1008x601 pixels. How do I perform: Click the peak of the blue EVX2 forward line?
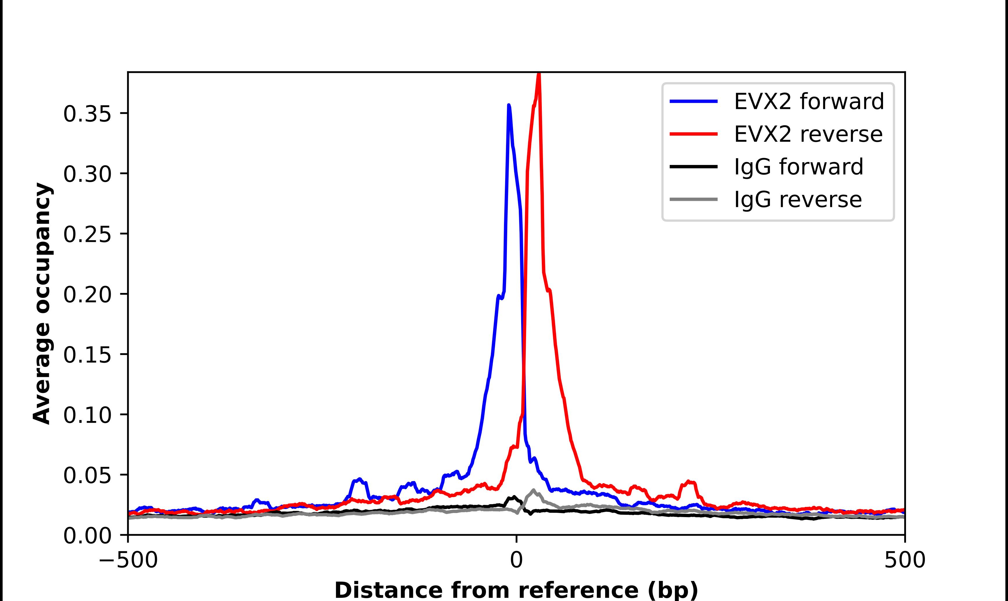(x=509, y=106)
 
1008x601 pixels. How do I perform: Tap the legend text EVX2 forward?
(x=809, y=101)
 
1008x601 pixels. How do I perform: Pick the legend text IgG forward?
(x=798, y=167)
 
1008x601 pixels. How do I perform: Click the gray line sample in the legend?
(x=694, y=199)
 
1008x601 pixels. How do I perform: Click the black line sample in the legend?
(x=694, y=166)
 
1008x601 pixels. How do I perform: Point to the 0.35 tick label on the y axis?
(x=87, y=114)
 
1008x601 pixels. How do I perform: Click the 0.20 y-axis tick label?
(x=87, y=294)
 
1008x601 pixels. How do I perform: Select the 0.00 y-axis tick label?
(x=87, y=536)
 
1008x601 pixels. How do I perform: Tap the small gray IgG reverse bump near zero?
(x=533, y=491)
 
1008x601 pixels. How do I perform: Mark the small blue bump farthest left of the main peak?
(x=256, y=501)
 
